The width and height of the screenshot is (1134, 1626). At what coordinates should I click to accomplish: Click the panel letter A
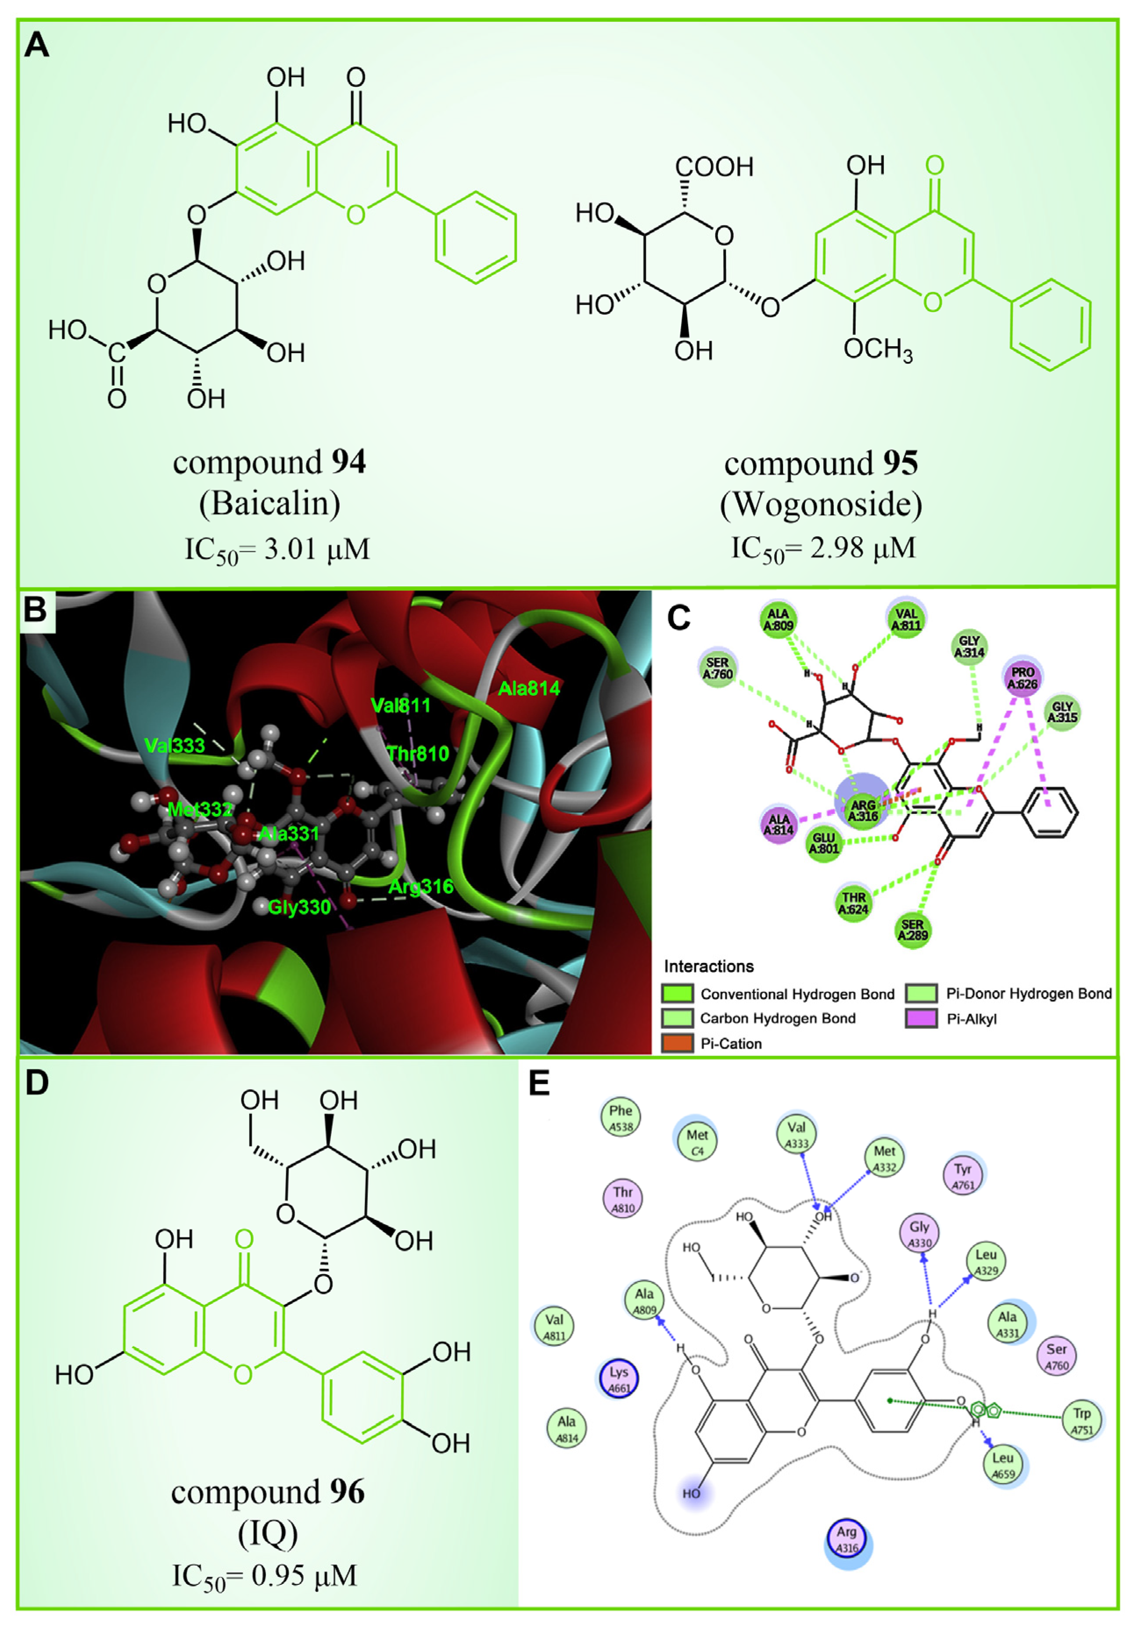pos(37,45)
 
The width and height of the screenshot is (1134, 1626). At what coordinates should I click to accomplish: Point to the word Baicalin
pos(269,504)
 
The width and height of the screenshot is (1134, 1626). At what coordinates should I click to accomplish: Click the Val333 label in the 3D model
pos(174,745)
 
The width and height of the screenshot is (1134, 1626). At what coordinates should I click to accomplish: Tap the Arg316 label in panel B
pos(421,886)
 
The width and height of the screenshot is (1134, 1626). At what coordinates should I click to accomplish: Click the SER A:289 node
pos(912,929)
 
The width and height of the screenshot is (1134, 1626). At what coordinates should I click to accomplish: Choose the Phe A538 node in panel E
pos(621,1117)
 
